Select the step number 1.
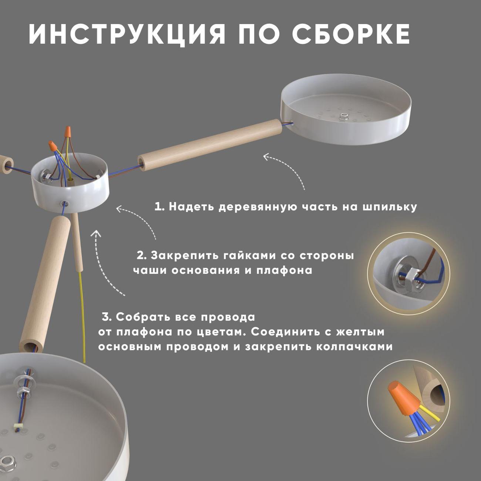(x=159, y=207)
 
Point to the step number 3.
(x=107, y=317)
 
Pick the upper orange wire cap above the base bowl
(x=67, y=132)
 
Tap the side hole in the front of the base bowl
(x=64, y=203)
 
